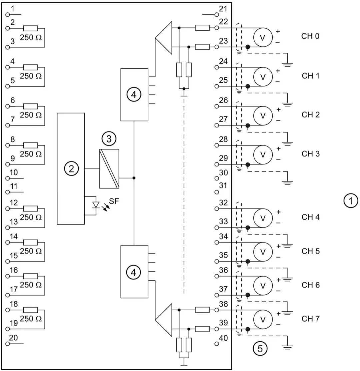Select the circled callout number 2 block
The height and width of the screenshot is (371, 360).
71,169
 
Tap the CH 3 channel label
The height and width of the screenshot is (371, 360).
311,154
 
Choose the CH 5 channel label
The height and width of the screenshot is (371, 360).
311,251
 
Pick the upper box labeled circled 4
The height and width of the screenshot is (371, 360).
134,95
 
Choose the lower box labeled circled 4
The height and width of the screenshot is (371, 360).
134,272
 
